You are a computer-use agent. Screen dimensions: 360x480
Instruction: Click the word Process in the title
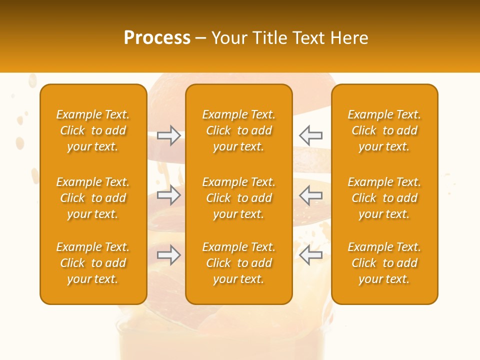[157, 38]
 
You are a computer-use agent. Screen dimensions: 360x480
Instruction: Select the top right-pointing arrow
[169, 135]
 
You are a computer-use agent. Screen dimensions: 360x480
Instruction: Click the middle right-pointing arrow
[169, 195]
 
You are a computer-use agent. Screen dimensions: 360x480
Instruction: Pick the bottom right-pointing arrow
[169, 255]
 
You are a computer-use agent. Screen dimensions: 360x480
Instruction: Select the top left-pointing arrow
[310, 135]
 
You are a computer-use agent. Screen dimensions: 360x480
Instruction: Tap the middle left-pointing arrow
[310, 195]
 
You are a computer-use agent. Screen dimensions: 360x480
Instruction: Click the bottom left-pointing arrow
[310, 255]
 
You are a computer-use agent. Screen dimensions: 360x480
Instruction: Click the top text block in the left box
[93, 130]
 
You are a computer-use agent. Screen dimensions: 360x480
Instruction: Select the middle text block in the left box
[93, 198]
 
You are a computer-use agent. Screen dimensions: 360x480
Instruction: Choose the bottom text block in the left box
[93, 263]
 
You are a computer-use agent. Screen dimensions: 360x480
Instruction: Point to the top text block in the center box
[239, 130]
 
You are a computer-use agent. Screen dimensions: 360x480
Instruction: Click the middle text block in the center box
[239, 198]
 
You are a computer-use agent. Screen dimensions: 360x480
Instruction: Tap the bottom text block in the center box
[239, 263]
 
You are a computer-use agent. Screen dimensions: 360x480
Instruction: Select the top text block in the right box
[384, 130]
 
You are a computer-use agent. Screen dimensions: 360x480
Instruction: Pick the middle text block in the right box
[384, 198]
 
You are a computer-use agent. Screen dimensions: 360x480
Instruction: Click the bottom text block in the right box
[384, 263]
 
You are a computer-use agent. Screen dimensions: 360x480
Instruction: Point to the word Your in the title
[229, 38]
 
